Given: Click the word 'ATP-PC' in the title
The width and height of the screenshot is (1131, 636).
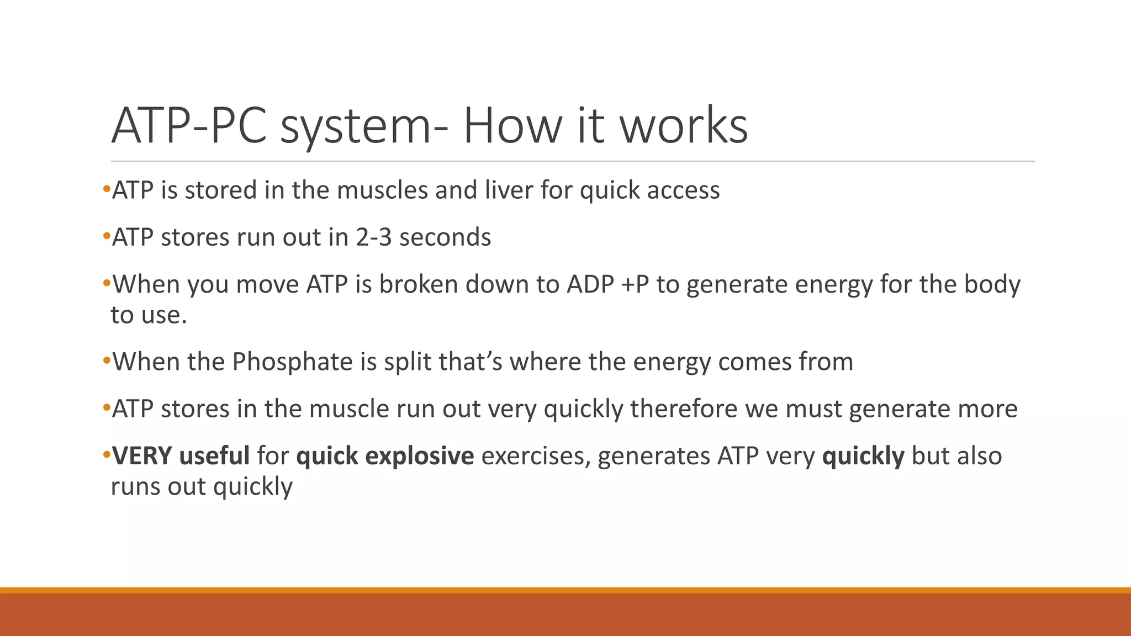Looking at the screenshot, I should pyautogui.click(x=191, y=126).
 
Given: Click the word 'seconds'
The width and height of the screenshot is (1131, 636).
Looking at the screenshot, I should pyautogui.click(x=445, y=237).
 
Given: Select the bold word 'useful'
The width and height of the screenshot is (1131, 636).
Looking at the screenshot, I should pyautogui.click(x=214, y=456).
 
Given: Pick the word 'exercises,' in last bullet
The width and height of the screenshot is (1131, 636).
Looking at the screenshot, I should pyautogui.click(x=532, y=456).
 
